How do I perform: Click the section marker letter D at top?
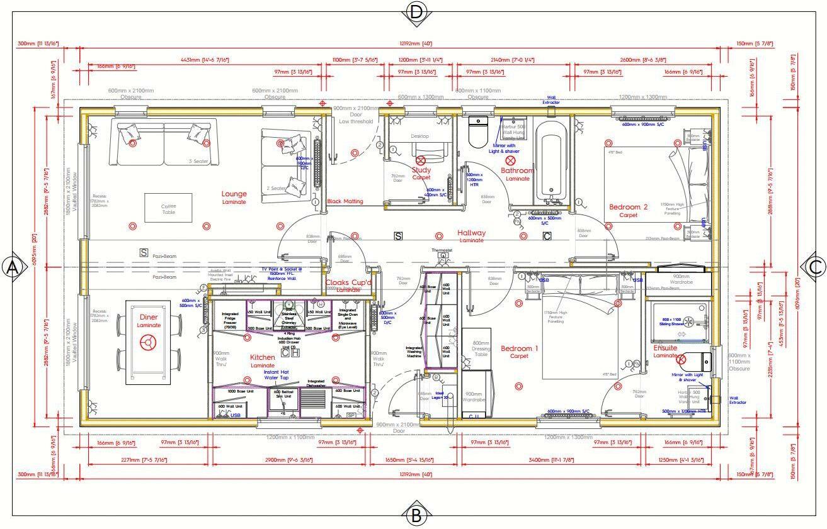pos(416,12)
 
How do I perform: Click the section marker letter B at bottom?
pos(416,516)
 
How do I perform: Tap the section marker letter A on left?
pos(11,267)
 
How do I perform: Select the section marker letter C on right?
pos(815,267)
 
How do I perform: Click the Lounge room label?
pos(234,194)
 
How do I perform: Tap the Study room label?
pos(421,170)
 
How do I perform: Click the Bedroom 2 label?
pos(628,207)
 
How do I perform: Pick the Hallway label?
pos(471,233)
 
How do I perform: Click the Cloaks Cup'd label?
pos(348,283)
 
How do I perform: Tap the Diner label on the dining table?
pos(149,317)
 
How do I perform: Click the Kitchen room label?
pos(263,357)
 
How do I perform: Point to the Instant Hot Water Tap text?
pos(276,375)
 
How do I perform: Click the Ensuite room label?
pos(665,348)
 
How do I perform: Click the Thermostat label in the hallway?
pos(442,250)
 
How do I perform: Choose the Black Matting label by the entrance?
pos(345,201)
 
